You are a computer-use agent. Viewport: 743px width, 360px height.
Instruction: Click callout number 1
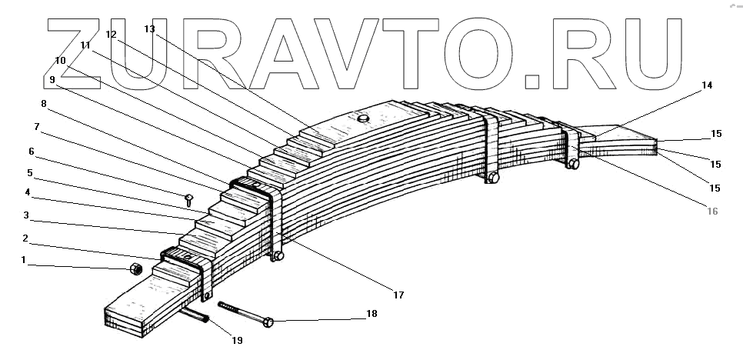24,261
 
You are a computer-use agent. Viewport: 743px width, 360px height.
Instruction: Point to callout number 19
237,339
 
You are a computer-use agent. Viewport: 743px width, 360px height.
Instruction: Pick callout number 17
398,294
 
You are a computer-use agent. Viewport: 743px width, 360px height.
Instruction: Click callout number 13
149,29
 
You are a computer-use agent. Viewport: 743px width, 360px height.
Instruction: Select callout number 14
707,85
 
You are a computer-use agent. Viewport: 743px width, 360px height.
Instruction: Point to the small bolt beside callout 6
189,199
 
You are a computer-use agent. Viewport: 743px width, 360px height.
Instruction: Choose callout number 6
32,152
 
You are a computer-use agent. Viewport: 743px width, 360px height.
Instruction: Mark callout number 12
111,35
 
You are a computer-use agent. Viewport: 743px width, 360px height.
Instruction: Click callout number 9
51,79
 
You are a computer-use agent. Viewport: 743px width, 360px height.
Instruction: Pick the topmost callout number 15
716,133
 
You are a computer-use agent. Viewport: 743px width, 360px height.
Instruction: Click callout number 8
43,102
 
